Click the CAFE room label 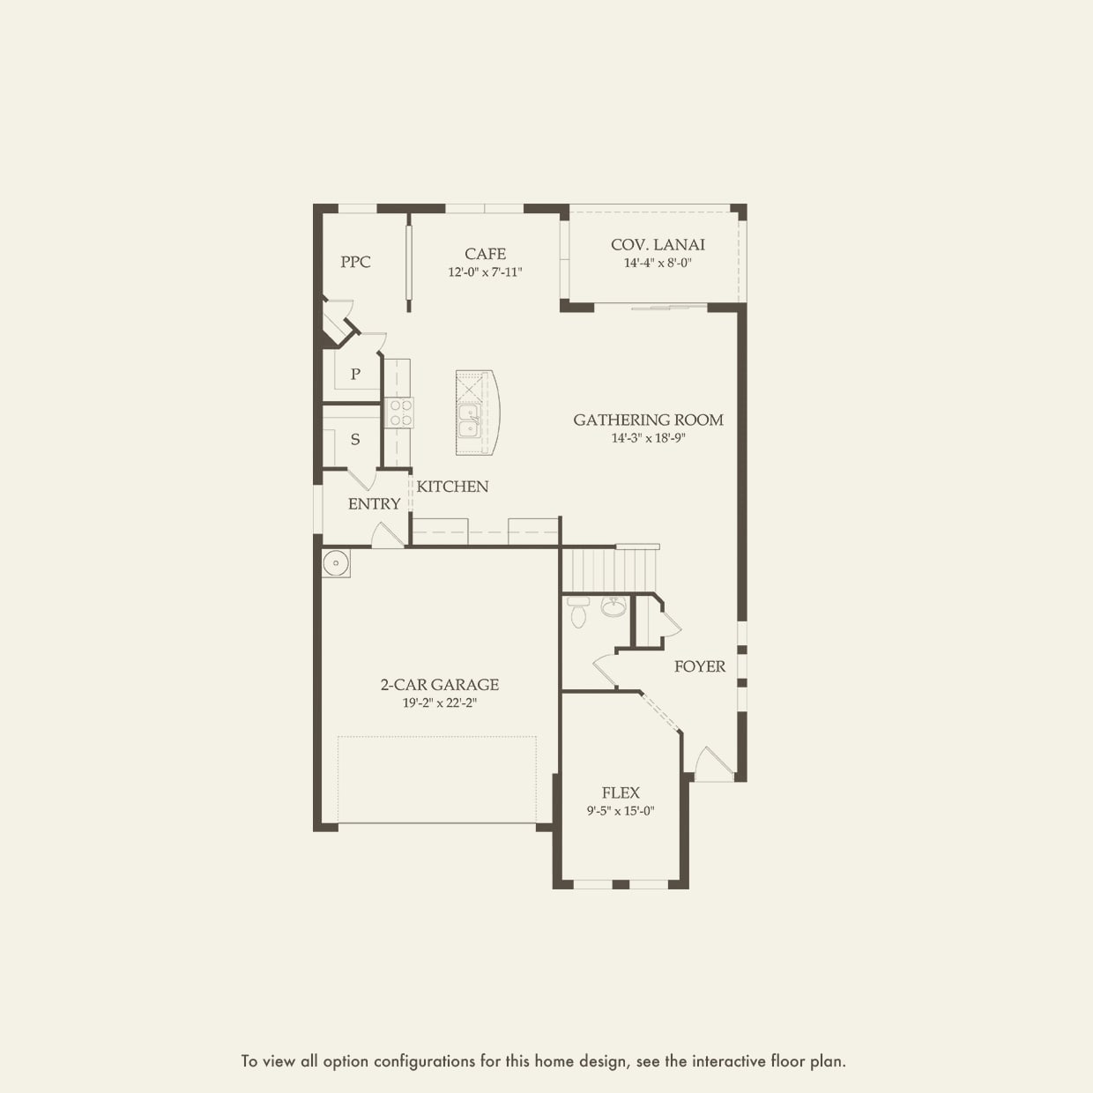pyautogui.click(x=485, y=254)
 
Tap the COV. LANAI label pyautogui.click(x=658, y=245)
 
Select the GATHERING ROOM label pyautogui.click(x=648, y=420)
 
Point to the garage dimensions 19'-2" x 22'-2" pyautogui.click(x=440, y=703)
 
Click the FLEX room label pyautogui.click(x=621, y=793)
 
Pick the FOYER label pyautogui.click(x=700, y=666)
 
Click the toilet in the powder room pyautogui.click(x=578, y=612)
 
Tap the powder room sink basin pyautogui.click(x=613, y=606)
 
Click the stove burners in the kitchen pyautogui.click(x=400, y=413)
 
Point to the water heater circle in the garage pyautogui.click(x=336, y=563)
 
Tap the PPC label pyautogui.click(x=355, y=262)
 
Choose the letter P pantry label pyautogui.click(x=355, y=374)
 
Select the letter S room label pyautogui.click(x=355, y=439)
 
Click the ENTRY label pyautogui.click(x=374, y=504)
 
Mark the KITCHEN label pyautogui.click(x=452, y=487)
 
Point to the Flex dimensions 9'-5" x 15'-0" pyautogui.click(x=621, y=811)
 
